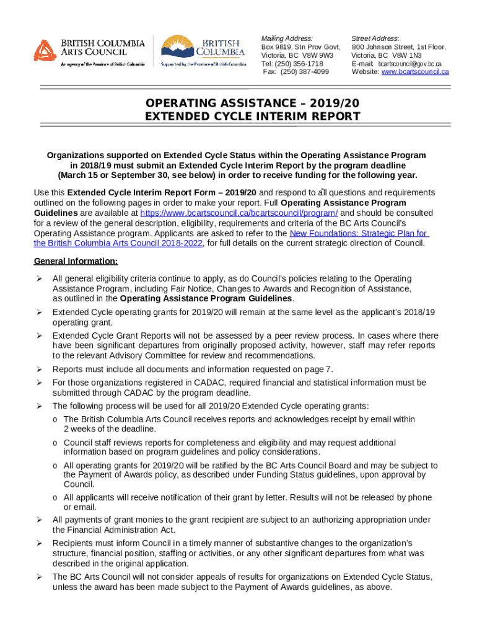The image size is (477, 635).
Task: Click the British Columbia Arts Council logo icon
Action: (45, 50)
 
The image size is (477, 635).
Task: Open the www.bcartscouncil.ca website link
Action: (415, 72)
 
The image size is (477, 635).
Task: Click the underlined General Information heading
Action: (76, 261)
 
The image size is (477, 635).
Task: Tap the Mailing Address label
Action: (287, 38)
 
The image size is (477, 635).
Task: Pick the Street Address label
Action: (375, 38)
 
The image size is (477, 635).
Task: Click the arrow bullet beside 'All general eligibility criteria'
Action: (38, 279)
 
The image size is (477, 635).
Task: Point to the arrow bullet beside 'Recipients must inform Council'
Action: (38, 543)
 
